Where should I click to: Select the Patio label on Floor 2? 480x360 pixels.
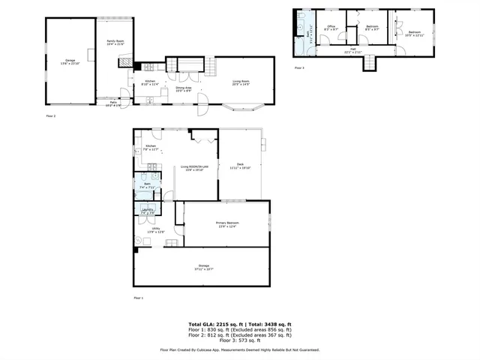click(112, 103)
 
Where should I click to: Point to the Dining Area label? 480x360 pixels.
click(184, 88)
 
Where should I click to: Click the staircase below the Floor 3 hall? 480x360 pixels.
click(369, 64)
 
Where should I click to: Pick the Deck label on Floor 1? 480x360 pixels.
click(240, 165)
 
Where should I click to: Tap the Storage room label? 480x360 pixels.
click(203, 266)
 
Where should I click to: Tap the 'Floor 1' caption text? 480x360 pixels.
click(138, 298)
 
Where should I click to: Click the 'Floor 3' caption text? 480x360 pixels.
click(299, 68)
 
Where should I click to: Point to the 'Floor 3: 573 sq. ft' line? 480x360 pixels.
click(240, 340)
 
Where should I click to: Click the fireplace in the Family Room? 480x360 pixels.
click(128, 64)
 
